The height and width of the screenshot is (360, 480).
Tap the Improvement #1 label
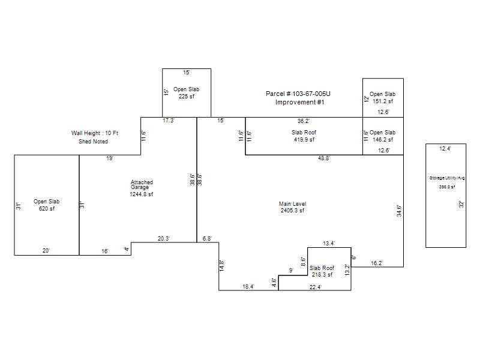tap(300, 103)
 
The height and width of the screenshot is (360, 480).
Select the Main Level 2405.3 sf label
tap(293, 208)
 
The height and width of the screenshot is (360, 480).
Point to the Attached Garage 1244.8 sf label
tap(142, 188)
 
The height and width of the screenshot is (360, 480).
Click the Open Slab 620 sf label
tap(47, 205)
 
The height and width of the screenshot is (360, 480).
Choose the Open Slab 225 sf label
tap(187, 93)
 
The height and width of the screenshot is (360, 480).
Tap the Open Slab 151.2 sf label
tap(382, 98)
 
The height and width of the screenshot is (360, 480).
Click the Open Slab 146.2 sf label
tap(382, 136)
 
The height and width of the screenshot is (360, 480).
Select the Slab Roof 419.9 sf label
tap(304, 136)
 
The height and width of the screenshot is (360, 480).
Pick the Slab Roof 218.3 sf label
tap(322, 271)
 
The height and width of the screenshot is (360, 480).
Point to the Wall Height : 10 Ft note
tap(95, 133)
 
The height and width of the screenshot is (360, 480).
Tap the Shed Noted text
tap(94, 142)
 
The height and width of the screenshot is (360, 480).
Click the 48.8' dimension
tap(325, 159)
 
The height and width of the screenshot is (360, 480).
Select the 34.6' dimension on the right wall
tap(399, 211)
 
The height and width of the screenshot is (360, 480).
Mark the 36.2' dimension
tap(304, 121)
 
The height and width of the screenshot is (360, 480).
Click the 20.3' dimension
tap(164, 239)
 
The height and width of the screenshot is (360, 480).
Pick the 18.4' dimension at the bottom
tap(248, 287)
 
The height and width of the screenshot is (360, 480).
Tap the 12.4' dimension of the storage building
tap(445, 148)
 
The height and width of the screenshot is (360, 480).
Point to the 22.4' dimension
tap(316, 287)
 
